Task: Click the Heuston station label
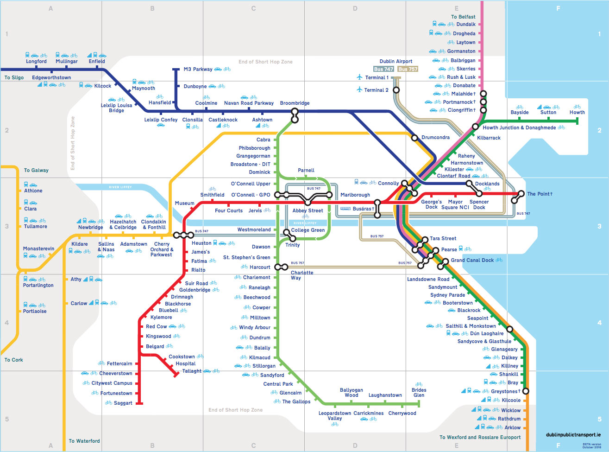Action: point(201,243)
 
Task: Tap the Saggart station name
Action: point(123,403)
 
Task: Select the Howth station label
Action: point(577,113)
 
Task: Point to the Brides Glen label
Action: point(419,393)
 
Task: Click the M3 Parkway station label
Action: point(198,70)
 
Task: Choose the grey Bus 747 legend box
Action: point(383,69)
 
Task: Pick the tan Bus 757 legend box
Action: point(408,69)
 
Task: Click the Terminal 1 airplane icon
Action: point(359,77)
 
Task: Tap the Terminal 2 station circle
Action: point(396,90)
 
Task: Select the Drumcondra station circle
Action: point(415,138)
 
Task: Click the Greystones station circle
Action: point(525,391)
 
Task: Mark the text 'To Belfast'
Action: point(463,17)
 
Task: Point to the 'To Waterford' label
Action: point(84,441)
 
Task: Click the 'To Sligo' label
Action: point(14,78)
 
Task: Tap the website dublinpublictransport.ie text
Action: point(573,435)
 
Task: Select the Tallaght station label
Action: point(192,371)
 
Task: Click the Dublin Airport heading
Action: point(396,61)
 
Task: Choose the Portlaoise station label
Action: point(35,312)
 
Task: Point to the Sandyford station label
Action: point(272,375)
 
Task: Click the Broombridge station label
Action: point(295,103)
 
